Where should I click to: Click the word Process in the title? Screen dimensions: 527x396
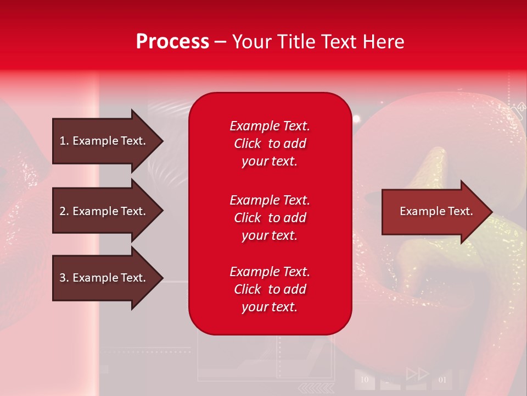tap(173, 42)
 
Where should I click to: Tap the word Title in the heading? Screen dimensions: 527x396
tap(296, 42)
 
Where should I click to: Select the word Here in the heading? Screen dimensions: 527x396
tap(383, 42)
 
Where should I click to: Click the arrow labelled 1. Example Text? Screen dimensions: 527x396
tap(108, 141)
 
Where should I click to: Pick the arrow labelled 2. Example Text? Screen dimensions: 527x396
tap(108, 211)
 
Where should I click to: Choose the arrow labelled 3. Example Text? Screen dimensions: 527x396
tap(108, 278)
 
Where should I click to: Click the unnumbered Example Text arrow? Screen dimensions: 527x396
tap(438, 211)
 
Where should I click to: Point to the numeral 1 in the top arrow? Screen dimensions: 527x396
tap(62, 141)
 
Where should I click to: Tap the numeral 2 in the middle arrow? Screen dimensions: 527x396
tap(63, 211)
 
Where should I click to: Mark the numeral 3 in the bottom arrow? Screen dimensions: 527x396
tap(63, 277)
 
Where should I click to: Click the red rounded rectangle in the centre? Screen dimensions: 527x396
tap(270, 213)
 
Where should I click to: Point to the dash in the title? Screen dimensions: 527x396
tap(221, 42)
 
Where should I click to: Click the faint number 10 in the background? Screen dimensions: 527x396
tap(365, 380)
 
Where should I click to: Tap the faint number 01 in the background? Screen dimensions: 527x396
tap(442, 380)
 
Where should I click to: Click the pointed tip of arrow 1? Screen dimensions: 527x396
tap(164, 141)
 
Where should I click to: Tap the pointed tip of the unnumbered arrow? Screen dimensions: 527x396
tap(493, 212)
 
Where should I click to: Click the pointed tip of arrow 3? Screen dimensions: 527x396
tap(164, 278)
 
